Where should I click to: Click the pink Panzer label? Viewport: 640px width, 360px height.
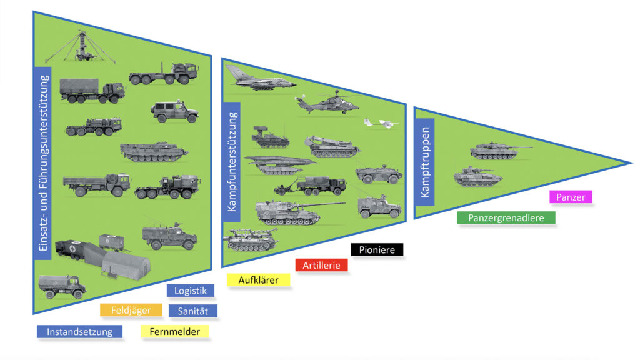tap(571, 197)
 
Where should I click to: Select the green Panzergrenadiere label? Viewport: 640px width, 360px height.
tap(506, 218)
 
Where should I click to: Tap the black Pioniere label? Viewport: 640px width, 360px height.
tap(377, 250)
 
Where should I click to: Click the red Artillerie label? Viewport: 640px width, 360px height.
tap(321, 265)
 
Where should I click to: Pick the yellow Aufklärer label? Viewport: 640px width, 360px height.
tap(258, 280)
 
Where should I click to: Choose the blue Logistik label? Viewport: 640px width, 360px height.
tap(191, 291)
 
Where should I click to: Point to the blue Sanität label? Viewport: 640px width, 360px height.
tap(192, 311)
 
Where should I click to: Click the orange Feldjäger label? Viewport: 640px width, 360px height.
tap(131, 310)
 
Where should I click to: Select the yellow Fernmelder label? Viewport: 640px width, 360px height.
tap(175, 332)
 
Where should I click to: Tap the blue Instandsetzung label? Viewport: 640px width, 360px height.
tap(79, 332)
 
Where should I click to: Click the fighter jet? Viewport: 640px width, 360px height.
tap(256, 79)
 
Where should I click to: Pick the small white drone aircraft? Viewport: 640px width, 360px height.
tap(381, 123)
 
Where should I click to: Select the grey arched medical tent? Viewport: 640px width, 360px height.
tap(127, 264)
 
